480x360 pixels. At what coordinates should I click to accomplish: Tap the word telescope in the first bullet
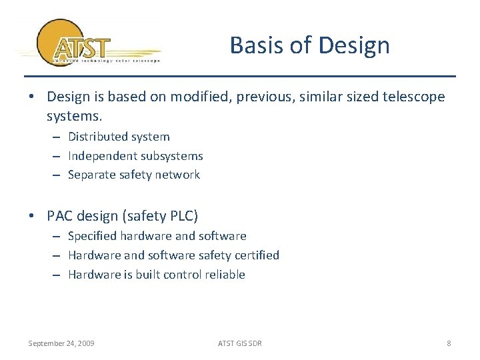point(413,97)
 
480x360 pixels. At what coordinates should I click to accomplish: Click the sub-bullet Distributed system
point(119,137)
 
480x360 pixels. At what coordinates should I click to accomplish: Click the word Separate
point(91,175)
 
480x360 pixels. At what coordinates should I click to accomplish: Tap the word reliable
point(225,275)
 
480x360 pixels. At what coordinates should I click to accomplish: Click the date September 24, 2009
point(61,343)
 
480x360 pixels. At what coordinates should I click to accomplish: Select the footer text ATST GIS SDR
point(240,343)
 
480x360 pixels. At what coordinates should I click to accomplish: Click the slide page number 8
point(449,343)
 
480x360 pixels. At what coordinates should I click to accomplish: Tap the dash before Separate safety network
point(58,175)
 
